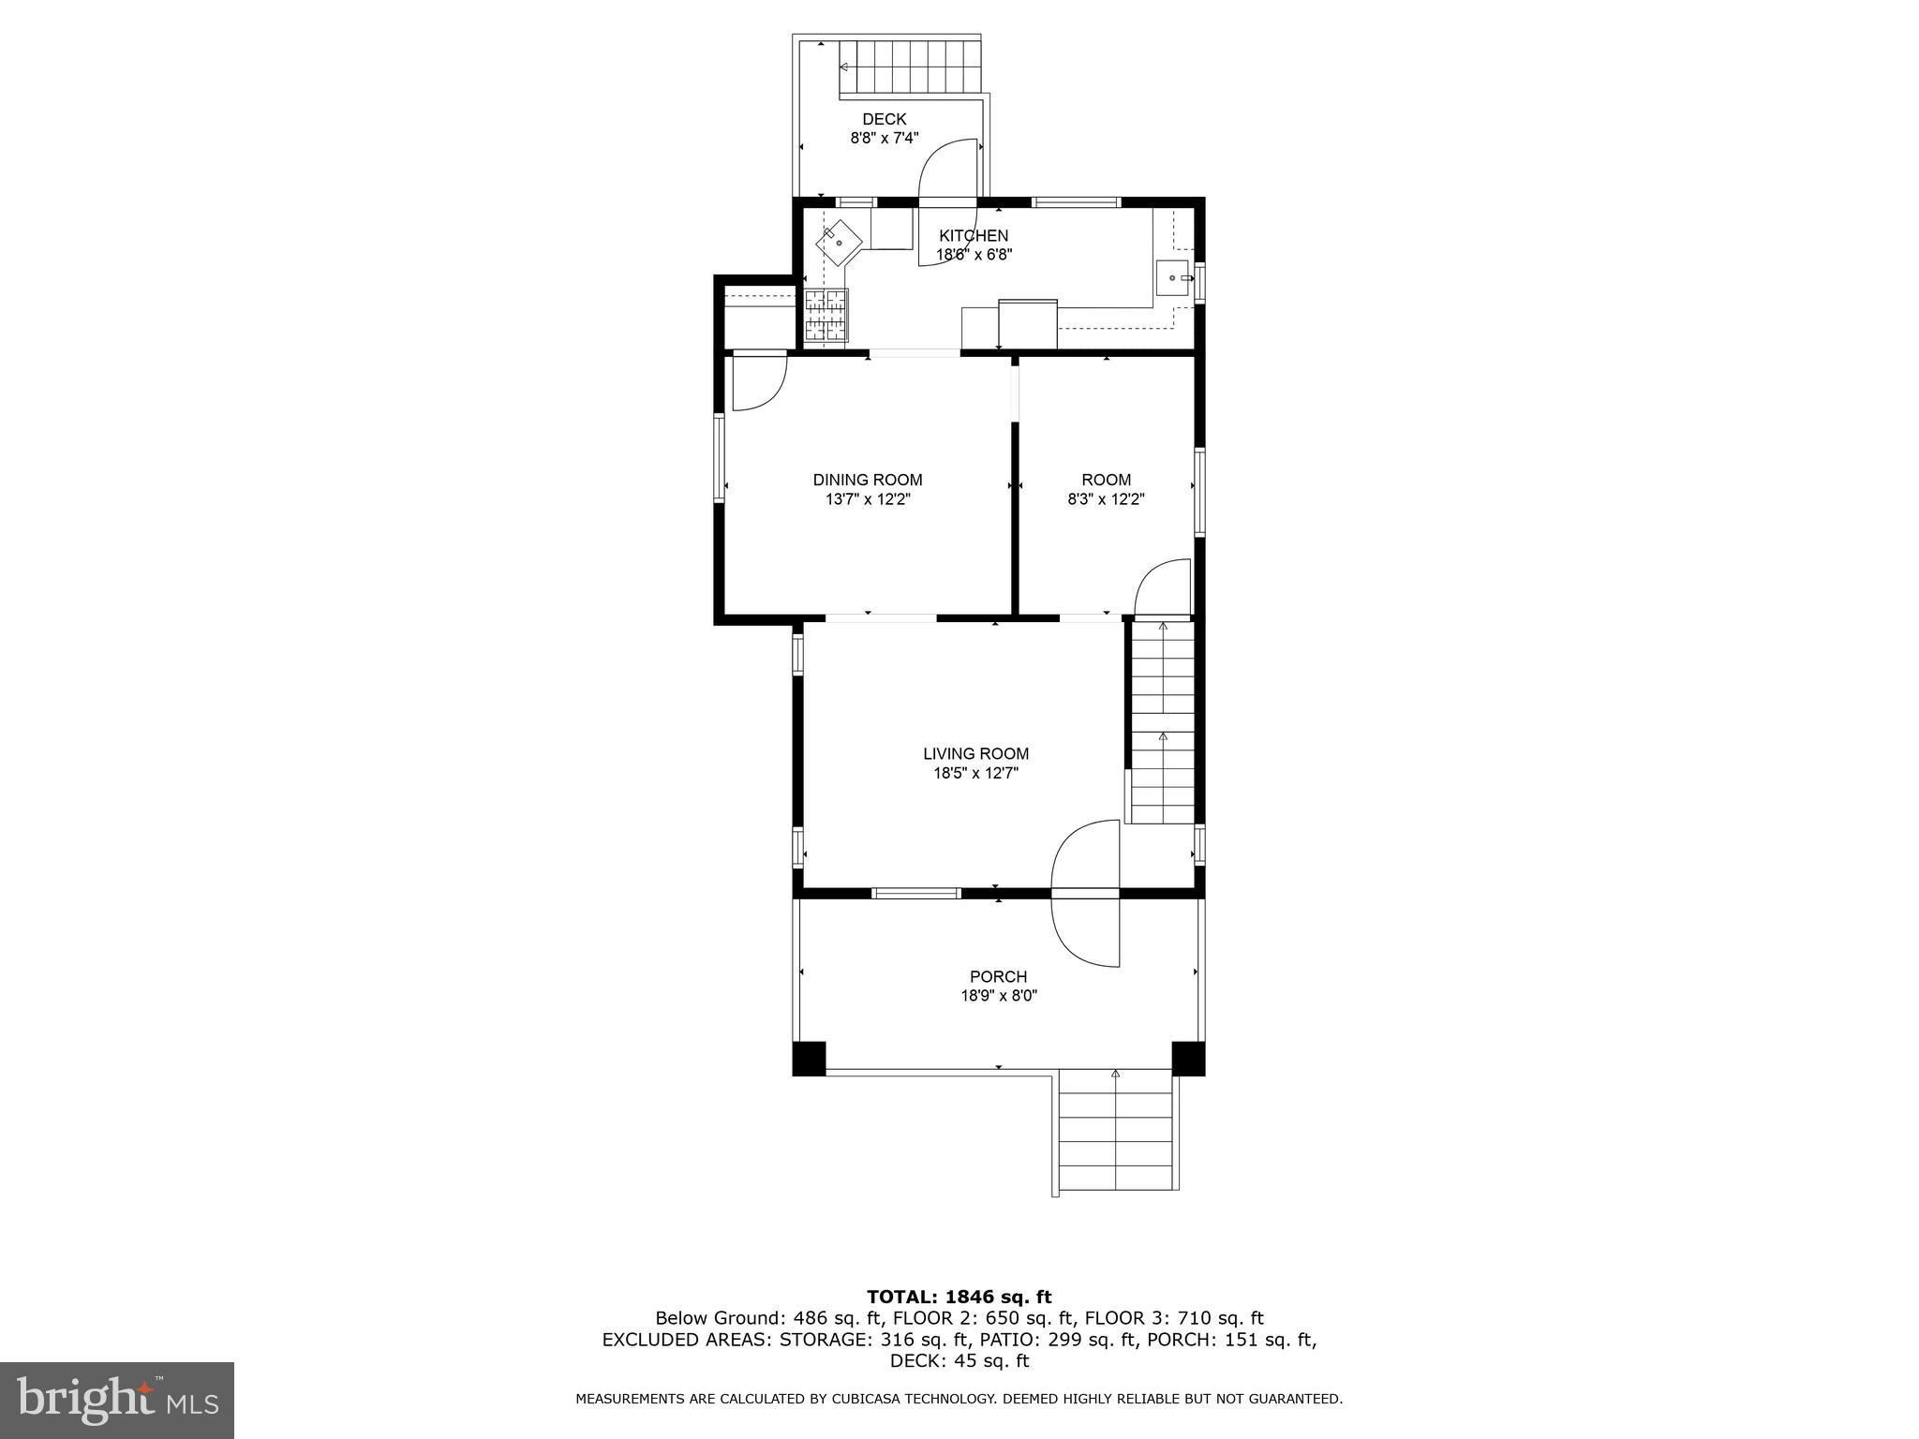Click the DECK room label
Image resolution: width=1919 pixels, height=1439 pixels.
click(x=884, y=119)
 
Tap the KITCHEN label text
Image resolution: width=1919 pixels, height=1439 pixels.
click(x=974, y=236)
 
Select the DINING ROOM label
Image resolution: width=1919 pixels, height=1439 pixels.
click(x=867, y=480)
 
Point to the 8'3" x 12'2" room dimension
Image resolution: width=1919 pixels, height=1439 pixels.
click(x=1106, y=499)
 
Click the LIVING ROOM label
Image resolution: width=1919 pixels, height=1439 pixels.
click(x=975, y=753)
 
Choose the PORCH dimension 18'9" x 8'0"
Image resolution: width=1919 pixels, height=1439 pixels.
click(x=998, y=996)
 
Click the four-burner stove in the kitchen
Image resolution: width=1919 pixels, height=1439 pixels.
click(x=826, y=314)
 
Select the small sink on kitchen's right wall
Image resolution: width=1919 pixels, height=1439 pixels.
click(x=1173, y=278)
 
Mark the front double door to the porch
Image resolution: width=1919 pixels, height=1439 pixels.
click(x=1086, y=894)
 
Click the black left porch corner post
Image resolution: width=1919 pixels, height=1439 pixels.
click(x=809, y=1058)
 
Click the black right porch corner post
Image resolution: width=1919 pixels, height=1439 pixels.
click(x=1187, y=1058)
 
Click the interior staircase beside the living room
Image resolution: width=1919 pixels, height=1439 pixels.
click(x=1162, y=721)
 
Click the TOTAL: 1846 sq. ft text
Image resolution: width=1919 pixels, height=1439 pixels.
click(x=959, y=1298)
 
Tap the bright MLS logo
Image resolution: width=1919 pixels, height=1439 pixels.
click(x=117, y=1401)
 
